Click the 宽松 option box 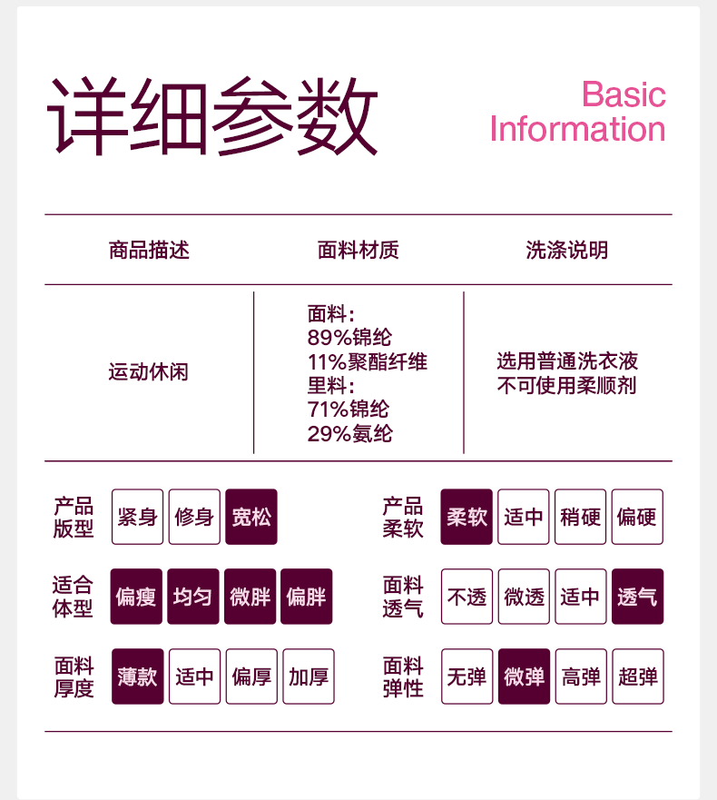click(251, 517)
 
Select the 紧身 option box click(138, 517)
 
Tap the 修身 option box click(194, 517)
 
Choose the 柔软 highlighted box click(467, 517)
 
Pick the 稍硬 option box click(581, 517)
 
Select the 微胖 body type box click(250, 597)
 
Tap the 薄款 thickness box click(138, 677)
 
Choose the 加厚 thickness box click(309, 677)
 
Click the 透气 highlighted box click(637, 597)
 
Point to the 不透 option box click(467, 597)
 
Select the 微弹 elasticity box click(524, 677)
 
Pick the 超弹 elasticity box click(637, 677)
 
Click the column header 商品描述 click(149, 250)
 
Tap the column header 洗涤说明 click(567, 250)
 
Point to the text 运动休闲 click(149, 371)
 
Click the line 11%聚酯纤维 click(368, 362)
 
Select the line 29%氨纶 click(350, 433)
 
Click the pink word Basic click(624, 94)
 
